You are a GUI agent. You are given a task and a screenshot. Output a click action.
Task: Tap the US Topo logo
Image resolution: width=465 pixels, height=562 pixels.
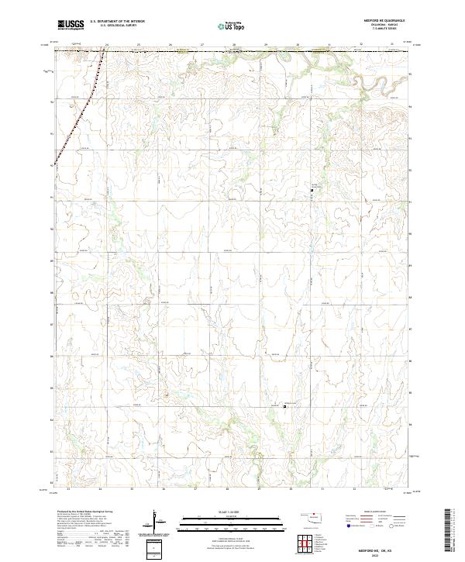[x=226, y=26]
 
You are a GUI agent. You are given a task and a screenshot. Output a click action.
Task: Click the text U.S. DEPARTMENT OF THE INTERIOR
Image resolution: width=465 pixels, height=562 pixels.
[x=117, y=22]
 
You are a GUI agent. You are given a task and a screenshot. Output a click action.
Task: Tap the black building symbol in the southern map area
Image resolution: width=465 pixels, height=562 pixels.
[x=284, y=405]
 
